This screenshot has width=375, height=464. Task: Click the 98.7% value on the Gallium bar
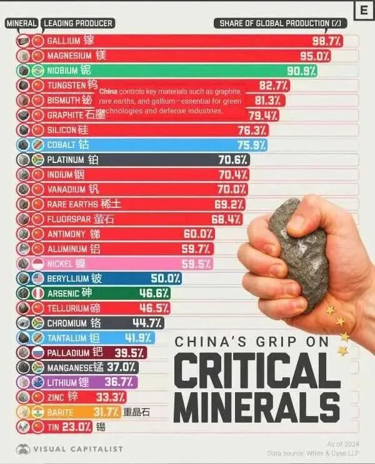[326, 41]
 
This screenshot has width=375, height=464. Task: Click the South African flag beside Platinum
[38, 160]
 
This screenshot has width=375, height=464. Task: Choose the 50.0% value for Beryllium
[166, 279]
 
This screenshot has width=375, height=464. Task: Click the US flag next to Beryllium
[38, 279]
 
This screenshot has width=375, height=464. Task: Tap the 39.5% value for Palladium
[130, 353]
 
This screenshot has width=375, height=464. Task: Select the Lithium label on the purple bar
[62, 383]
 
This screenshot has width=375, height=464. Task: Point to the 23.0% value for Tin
[77, 427]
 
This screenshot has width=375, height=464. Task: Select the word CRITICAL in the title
[256, 370]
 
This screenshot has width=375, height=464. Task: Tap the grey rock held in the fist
[299, 253]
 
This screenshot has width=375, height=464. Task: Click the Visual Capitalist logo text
[77, 449]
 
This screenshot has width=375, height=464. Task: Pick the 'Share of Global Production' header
[281, 24]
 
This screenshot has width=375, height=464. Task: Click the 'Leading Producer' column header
[78, 24]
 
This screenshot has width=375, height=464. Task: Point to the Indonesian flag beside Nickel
[38, 264]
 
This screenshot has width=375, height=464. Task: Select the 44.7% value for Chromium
[148, 323]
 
